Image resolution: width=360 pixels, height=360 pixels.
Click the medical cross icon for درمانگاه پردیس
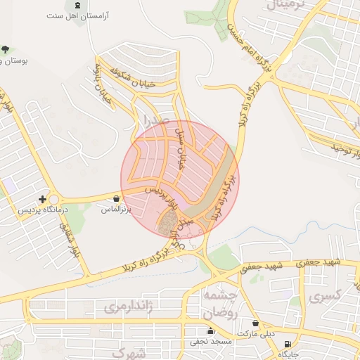pyautogui.click(x=44, y=200)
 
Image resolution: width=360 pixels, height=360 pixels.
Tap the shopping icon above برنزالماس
pyautogui.click(x=115, y=199)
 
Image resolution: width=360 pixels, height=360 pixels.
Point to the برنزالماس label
pyautogui.click(x=116, y=210)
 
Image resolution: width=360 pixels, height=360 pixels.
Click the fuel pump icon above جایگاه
pyautogui.click(x=287, y=345)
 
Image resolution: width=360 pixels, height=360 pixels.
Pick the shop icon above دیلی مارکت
pyautogui.click(x=255, y=324)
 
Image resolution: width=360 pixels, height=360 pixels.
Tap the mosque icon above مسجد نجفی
pyautogui.click(x=210, y=331)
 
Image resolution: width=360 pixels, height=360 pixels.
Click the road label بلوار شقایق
pyautogui.click(x=71, y=239)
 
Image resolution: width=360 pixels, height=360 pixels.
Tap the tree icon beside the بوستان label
pyautogui.click(x=5, y=49)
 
